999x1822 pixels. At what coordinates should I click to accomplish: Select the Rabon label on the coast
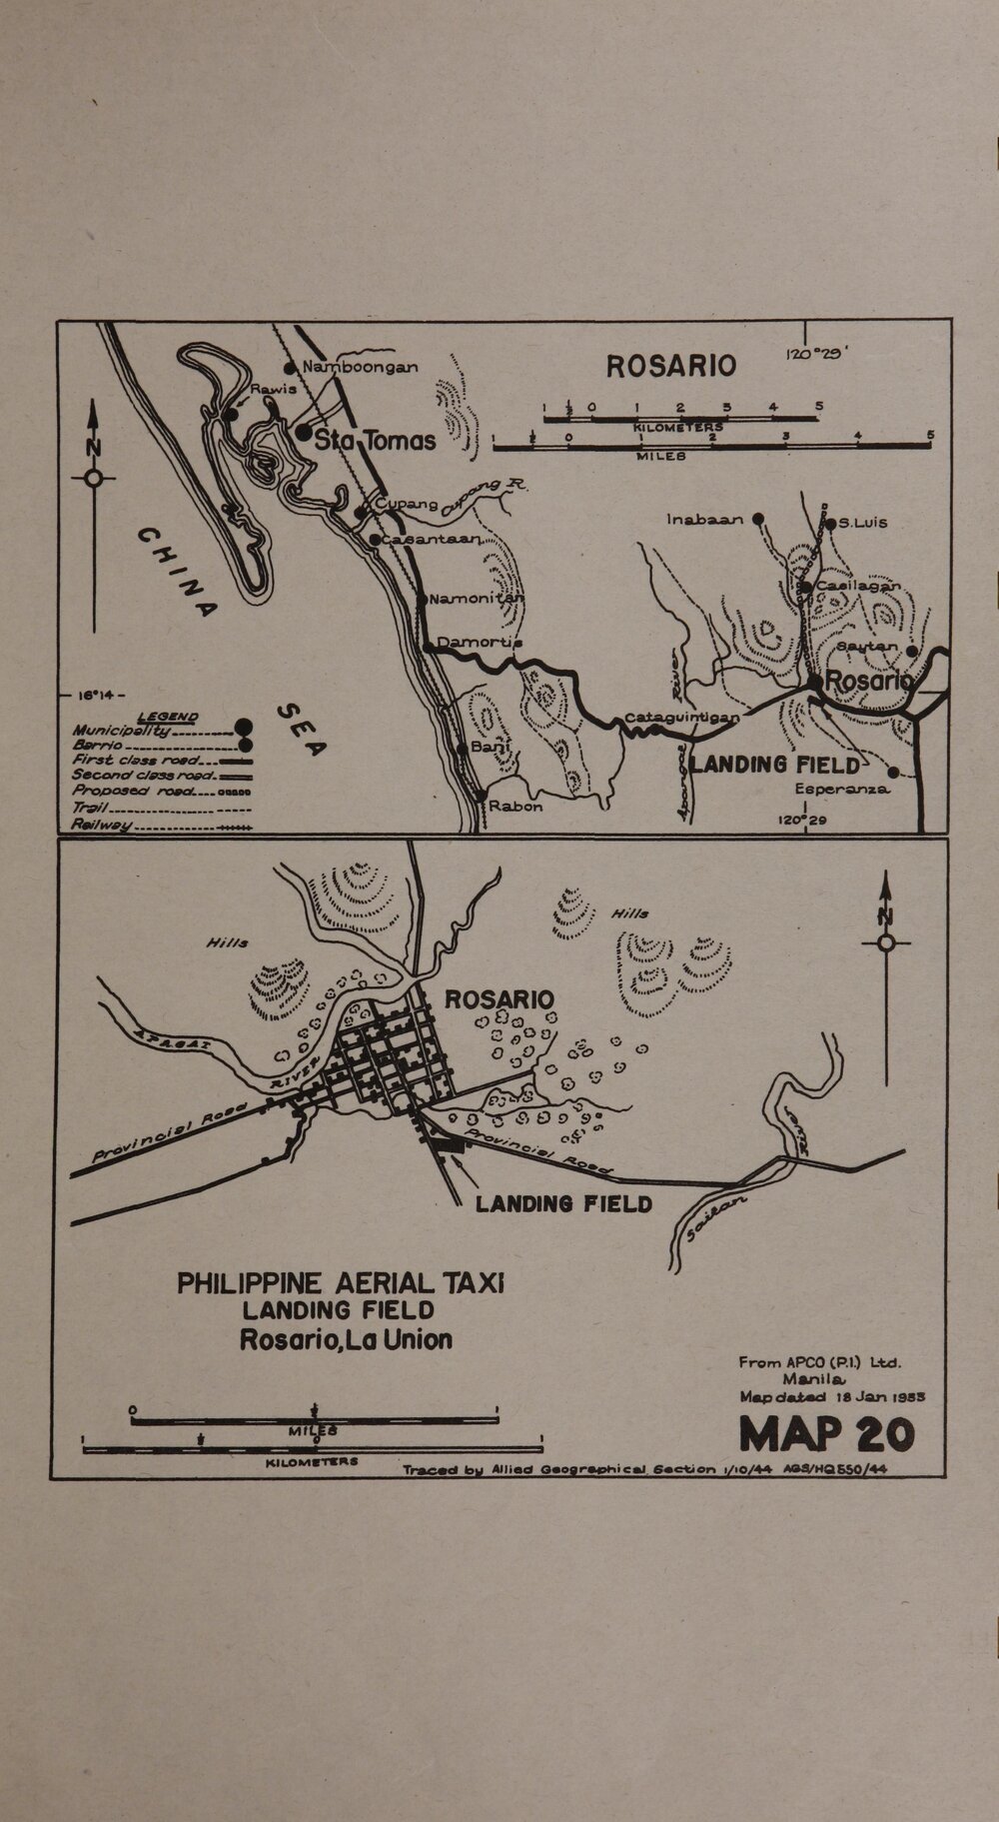[x=515, y=806]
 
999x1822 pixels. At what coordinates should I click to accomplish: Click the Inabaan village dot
[x=758, y=519]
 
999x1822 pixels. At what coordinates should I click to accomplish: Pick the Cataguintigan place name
[x=683, y=718]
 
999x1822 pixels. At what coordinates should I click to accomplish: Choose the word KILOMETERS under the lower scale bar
[x=312, y=1461]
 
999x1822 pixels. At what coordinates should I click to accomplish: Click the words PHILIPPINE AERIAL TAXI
[x=341, y=1283]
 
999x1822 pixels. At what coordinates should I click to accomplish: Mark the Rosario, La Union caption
[x=346, y=1339]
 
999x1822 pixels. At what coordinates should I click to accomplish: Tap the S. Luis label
[x=862, y=523]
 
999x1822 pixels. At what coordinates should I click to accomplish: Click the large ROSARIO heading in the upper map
[x=671, y=367]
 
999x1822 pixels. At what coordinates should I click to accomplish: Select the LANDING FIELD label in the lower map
[x=563, y=1203]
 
